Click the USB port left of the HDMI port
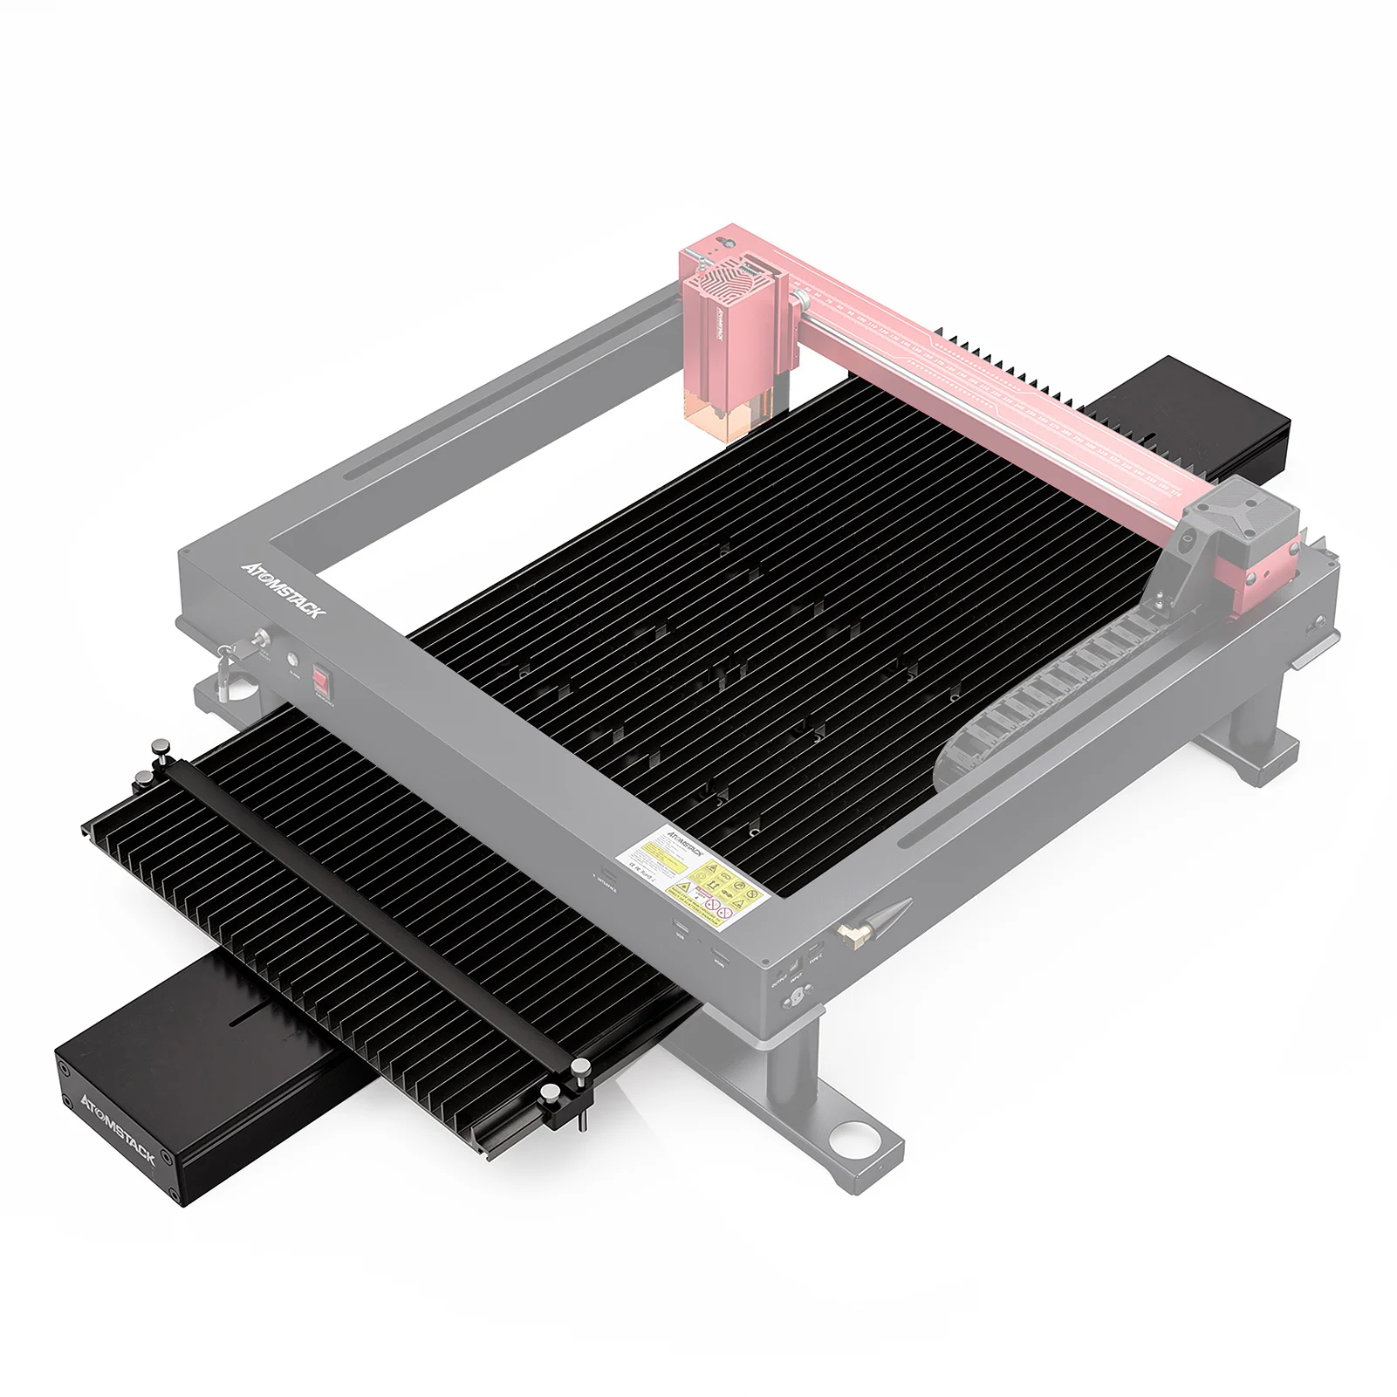tap(681, 930)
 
